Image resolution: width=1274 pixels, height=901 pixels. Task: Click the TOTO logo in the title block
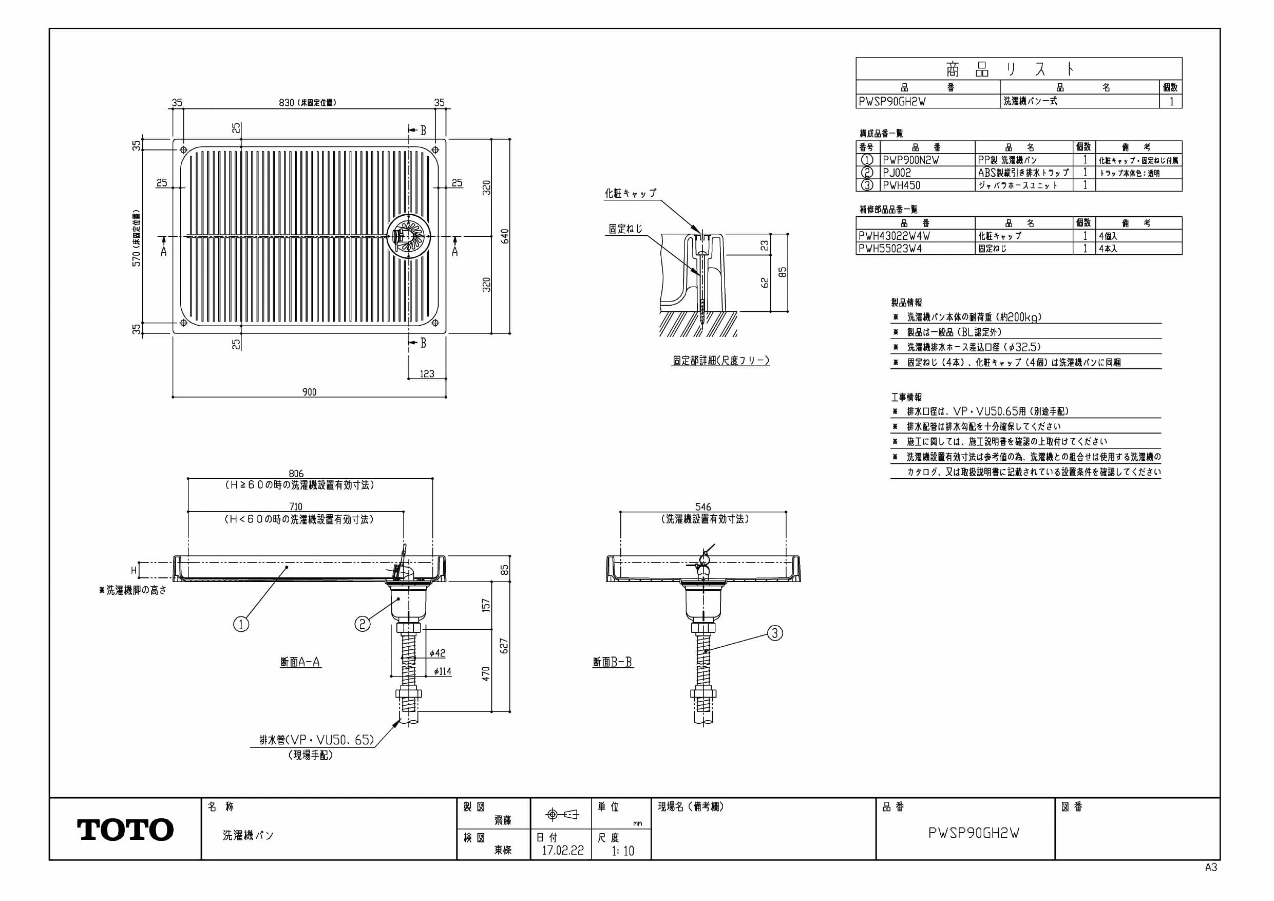(x=125, y=830)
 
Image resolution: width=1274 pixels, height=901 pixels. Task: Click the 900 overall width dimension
(x=310, y=392)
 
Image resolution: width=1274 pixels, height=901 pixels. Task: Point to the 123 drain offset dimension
(x=427, y=373)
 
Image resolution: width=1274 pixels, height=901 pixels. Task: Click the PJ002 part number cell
(x=897, y=173)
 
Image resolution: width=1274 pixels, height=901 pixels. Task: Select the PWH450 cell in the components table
(x=902, y=185)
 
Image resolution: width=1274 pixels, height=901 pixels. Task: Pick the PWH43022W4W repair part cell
(x=894, y=236)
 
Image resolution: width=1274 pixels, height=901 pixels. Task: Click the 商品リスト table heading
(x=1010, y=69)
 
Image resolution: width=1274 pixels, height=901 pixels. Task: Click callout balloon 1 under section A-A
(x=241, y=625)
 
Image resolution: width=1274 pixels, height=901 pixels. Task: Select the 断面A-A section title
(x=300, y=662)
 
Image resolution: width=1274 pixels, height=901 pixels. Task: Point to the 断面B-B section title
(x=613, y=662)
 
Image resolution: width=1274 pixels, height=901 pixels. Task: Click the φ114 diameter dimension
(x=442, y=672)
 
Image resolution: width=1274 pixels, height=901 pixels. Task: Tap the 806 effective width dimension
(x=296, y=474)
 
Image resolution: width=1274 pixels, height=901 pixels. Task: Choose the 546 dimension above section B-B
(x=703, y=507)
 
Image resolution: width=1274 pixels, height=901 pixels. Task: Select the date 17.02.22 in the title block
(x=563, y=851)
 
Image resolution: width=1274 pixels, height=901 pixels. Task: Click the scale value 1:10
(x=622, y=851)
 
